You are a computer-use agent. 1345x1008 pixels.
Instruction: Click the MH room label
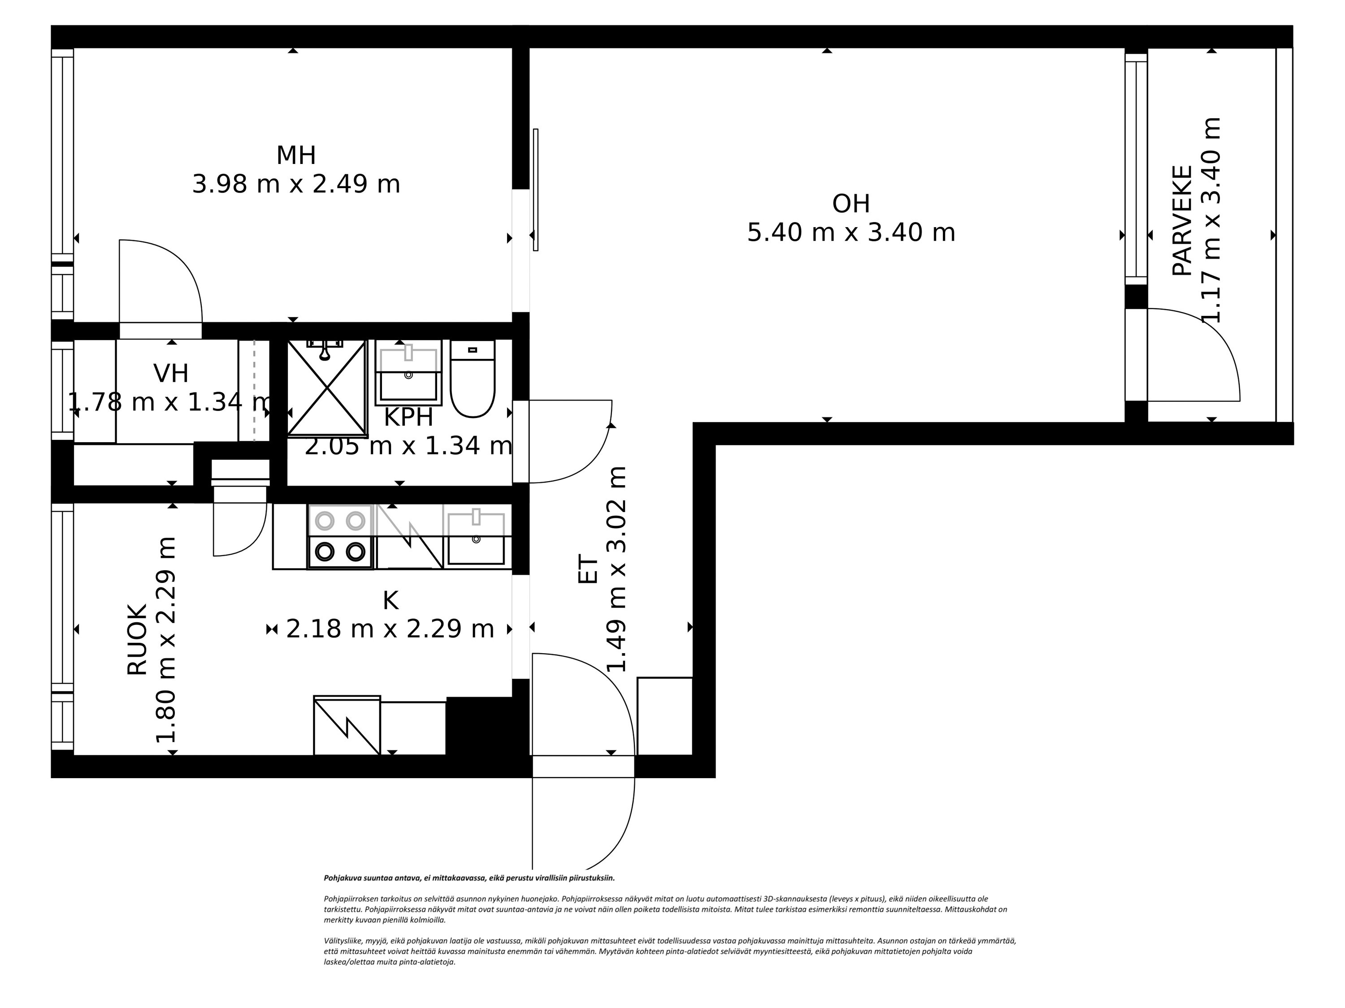(x=296, y=155)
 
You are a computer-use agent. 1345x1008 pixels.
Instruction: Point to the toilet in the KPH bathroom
(x=473, y=380)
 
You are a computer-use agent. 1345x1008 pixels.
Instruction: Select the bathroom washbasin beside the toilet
(x=408, y=372)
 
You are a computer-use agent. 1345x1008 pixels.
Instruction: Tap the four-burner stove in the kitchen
(x=340, y=537)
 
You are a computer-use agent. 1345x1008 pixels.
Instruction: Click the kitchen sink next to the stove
(x=476, y=537)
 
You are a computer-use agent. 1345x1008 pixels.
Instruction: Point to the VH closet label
(x=171, y=374)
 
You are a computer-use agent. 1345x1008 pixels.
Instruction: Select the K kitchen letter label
(x=390, y=600)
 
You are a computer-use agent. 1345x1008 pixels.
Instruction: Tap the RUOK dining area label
(x=138, y=639)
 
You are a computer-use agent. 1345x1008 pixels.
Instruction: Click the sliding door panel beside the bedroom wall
(x=536, y=190)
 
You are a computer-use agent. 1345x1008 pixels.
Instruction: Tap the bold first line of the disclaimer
(x=469, y=878)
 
